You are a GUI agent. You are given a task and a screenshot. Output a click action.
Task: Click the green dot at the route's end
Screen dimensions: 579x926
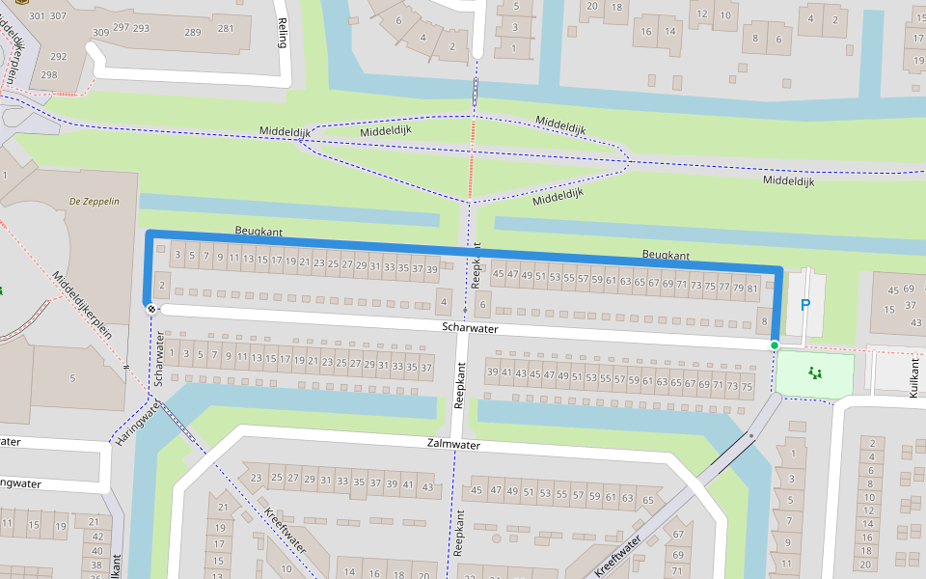tap(775, 345)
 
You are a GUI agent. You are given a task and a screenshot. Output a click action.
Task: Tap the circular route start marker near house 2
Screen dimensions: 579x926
tap(151, 308)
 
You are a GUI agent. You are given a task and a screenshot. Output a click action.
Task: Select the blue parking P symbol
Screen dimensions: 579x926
tap(805, 305)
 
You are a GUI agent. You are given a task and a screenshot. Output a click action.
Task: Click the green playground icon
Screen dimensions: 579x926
tap(815, 372)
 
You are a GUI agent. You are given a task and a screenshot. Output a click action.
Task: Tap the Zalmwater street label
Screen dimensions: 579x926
tap(453, 445)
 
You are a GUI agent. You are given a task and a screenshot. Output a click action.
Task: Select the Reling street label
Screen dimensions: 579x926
tap(283, 34)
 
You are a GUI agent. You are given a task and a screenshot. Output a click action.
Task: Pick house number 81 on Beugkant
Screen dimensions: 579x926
tap(752, 288)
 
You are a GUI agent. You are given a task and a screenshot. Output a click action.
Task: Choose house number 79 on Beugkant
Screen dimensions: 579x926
tap(738, 288)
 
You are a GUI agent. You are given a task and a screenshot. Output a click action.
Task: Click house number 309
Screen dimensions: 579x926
tap(100, 33)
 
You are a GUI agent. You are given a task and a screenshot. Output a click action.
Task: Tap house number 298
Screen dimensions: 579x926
tap(48, 74)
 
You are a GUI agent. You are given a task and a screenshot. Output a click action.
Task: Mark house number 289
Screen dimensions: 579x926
tap(193, 32)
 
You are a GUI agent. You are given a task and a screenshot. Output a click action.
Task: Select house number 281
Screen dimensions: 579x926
tap(226, 28)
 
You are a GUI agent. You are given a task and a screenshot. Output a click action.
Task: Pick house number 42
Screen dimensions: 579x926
tap(96, 536)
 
